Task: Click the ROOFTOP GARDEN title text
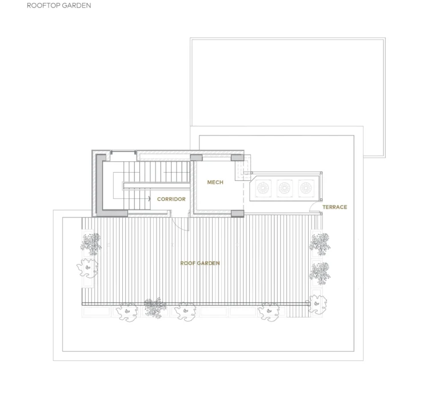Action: point(55,6)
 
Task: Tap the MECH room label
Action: point(215,182)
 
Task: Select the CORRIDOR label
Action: point(171,199)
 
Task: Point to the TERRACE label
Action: point(334,207)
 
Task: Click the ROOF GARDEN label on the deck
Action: point(200,263)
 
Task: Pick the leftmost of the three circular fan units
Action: point(264,188)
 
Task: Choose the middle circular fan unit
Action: point(285,188)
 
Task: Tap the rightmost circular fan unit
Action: point(305,188)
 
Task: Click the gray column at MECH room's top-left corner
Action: point(196,157)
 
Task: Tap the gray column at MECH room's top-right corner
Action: point(237,157)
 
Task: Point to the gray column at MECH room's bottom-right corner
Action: point(237,214)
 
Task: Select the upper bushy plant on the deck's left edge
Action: point(90,243)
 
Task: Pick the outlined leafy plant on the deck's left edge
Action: point(87,265)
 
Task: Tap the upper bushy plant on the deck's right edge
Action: point(320,243)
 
